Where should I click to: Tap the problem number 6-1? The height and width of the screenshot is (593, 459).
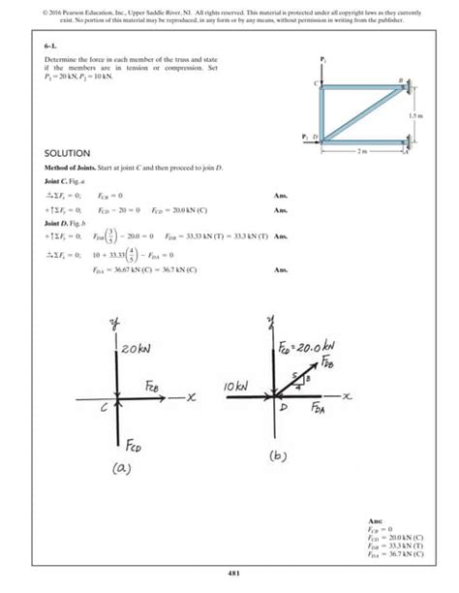(x=50, y=46)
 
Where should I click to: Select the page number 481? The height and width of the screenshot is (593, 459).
(x=229, y=573)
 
